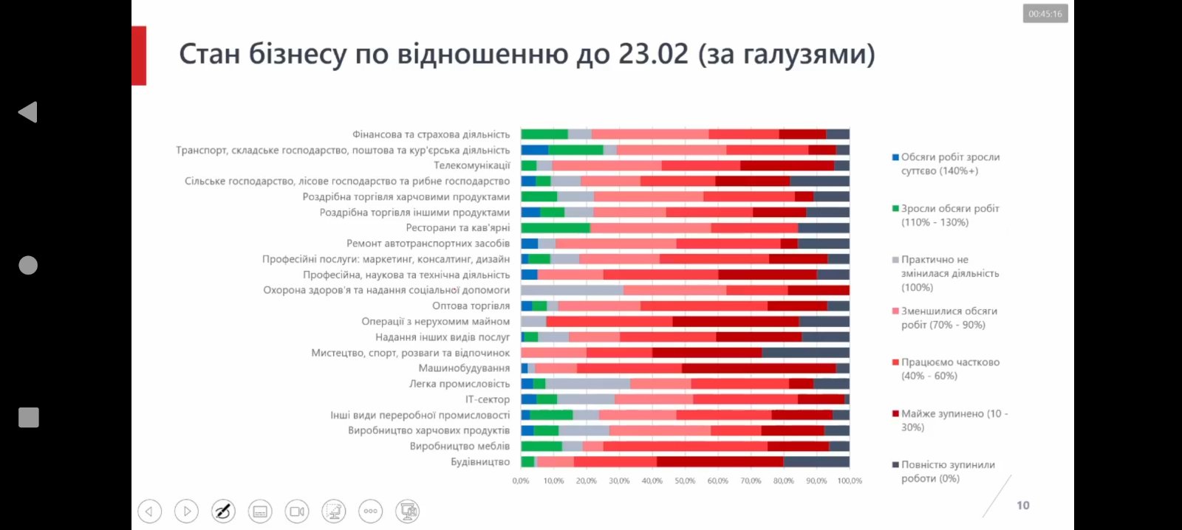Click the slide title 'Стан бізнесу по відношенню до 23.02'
pos(527,55)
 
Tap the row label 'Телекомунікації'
pos(471,165)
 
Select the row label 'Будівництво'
pos(480,462)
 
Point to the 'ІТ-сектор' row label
pos(488,399)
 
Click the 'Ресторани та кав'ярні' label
pos(458,228)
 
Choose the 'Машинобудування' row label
pos(464,368)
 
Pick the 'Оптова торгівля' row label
pos(471,306)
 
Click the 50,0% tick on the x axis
pos(685,481)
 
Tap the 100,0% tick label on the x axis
pos(850,481)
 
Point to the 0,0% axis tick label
pos(521,481)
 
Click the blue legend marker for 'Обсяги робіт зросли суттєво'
pos(895,157)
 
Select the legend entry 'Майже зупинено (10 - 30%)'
pos(953,420)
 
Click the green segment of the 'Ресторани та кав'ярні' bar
pos(556,228)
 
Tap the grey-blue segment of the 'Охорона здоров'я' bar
pos(572,290)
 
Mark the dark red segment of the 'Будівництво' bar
pos(720,462)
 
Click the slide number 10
pos(1023,506)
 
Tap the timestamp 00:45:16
pos(1045,14)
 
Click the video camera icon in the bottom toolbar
pos(297,511)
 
